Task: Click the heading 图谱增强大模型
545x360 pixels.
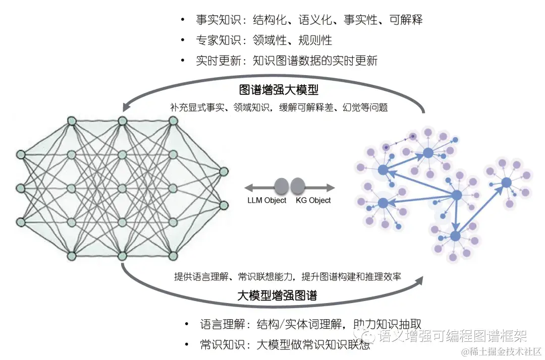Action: coord(279,90)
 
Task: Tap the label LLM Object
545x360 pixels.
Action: coord(266,200)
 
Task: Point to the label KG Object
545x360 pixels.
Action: coord(313,200)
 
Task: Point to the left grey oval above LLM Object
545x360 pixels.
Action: coord(282,186)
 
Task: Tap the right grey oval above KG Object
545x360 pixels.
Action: coord(298,186)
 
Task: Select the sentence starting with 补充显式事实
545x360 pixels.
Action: coord(279,107)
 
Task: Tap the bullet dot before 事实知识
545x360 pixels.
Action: coord(183,20)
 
